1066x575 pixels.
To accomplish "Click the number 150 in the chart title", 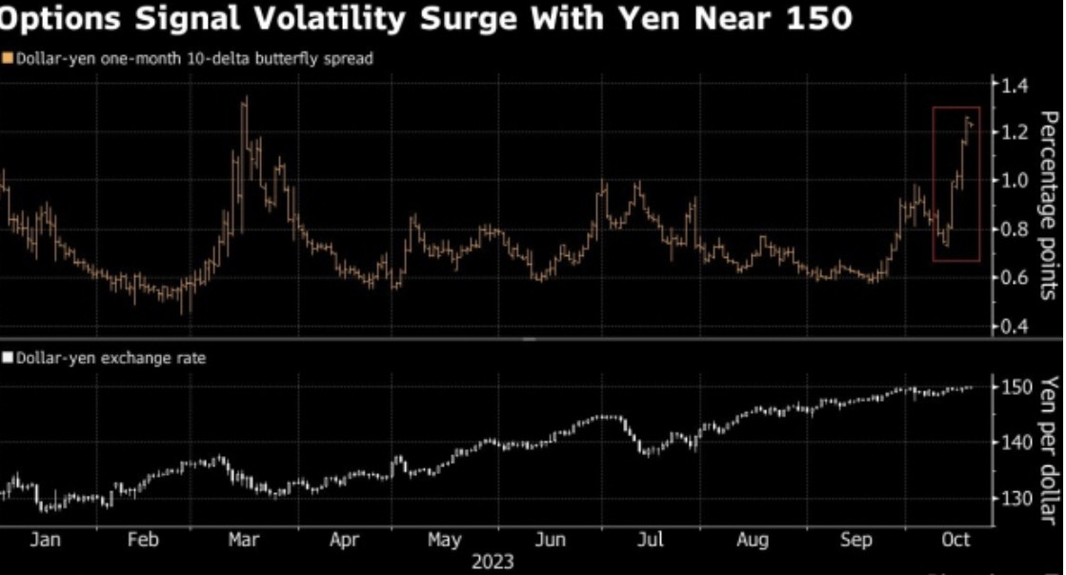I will [x=818, y=18].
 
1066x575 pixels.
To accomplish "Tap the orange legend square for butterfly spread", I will [x=8, y=59].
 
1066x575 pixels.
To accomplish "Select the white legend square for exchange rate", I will [x=8, y=358].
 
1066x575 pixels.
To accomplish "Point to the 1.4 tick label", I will [x=1011, y=87].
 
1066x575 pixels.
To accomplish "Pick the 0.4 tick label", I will [x=1011, y=327].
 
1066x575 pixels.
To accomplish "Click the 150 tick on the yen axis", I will [x=1015, y=387].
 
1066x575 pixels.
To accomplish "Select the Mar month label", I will [x=243, y=540].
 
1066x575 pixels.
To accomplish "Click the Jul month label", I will [x=650, y=540].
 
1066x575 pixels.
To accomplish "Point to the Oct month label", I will [x=955, y=540].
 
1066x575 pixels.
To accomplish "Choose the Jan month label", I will [x=45, y=540].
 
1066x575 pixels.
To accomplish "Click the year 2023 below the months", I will [x=493, y=562].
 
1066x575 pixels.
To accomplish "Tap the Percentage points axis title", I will [x=1048, y=205].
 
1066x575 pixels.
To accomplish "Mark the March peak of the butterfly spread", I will [x=245, y=99].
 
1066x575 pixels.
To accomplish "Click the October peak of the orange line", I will [x=967, y=119].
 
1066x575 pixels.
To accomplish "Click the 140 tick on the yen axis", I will [x=1015, y=443].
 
